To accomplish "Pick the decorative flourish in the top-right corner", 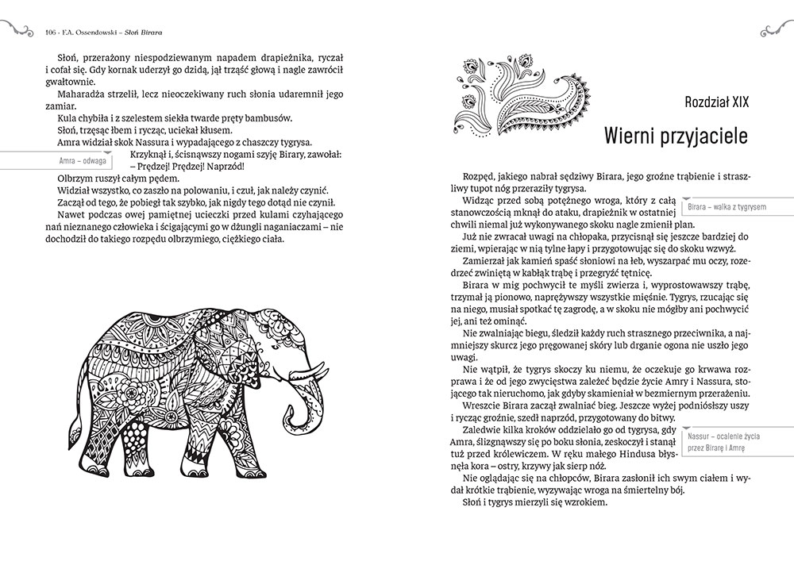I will point(773,30).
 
